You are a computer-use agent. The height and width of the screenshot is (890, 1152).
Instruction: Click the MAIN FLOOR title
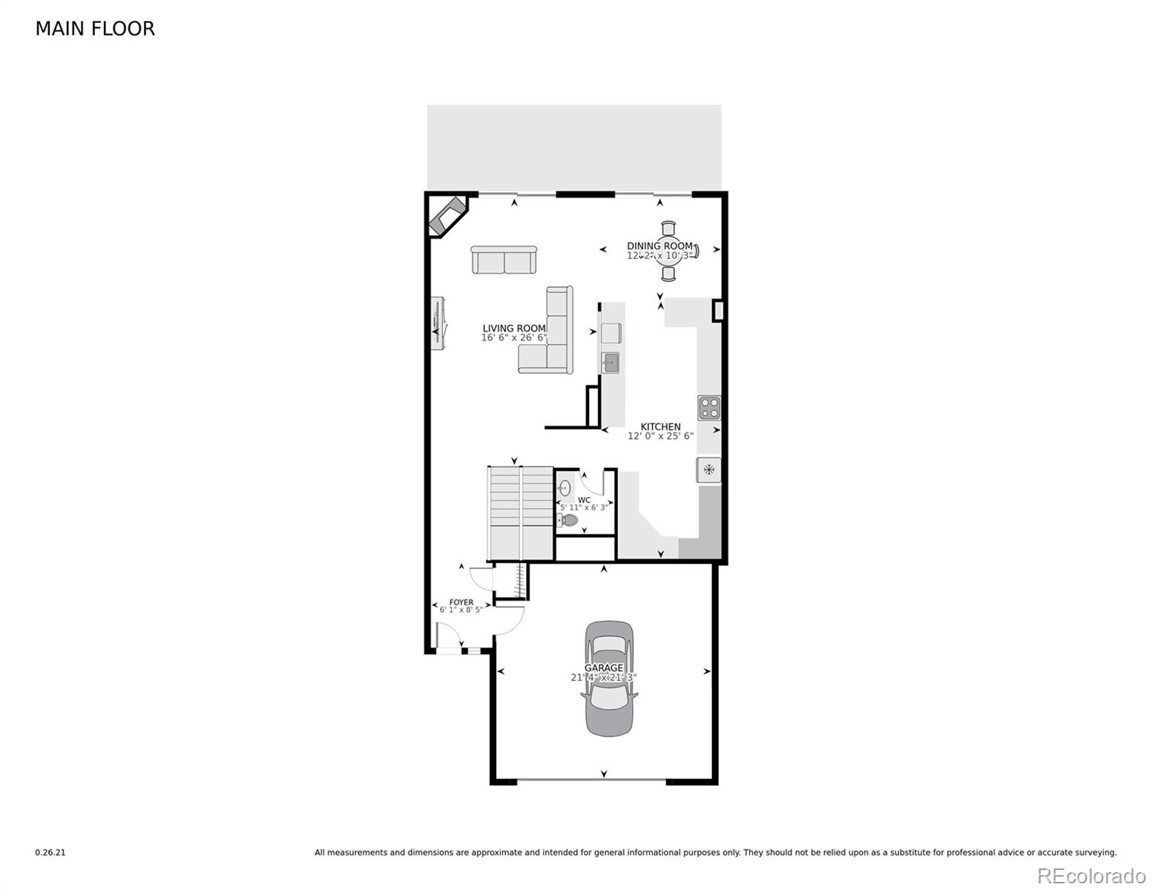[95, 29]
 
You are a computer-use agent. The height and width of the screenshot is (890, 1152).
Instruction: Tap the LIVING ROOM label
[513, 329]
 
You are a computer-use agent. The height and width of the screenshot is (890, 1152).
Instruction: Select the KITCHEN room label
[660, 426]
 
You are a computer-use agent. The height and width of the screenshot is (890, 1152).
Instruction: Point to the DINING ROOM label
[659, 246]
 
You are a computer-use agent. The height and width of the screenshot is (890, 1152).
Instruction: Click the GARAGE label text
[604, 667]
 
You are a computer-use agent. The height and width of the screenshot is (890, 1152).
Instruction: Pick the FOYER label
[461, 602]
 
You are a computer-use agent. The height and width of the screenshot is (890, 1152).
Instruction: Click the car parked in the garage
[609, 679]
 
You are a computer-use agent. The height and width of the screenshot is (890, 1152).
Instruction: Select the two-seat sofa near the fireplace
[504, 260]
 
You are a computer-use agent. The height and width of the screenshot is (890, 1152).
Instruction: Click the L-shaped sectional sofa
[553, 337]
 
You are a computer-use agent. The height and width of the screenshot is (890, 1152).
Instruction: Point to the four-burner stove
[708, 408]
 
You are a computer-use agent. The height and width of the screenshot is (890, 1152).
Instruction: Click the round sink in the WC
[565, 487]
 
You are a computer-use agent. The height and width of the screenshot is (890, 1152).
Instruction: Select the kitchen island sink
[610, 363]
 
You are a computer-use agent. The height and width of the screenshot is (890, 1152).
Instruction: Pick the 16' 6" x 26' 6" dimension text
[513, 338]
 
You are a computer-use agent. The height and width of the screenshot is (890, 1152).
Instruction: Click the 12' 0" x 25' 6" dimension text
[660, 436]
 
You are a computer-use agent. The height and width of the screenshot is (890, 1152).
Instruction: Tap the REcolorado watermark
[1091, 875]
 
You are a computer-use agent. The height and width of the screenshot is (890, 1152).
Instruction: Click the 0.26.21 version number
[50, 853]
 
